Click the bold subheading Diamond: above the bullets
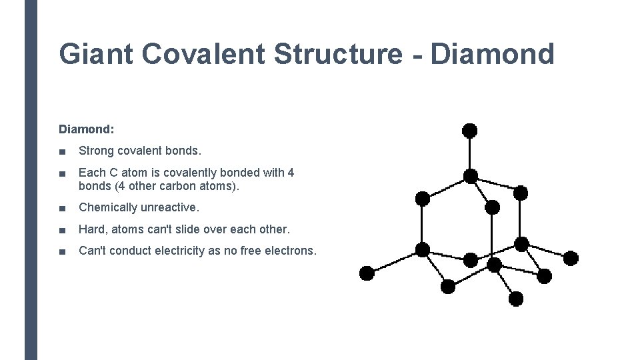coord(87,129)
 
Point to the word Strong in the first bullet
coord(96,151)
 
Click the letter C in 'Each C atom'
coord(110,173)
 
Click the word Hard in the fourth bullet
coord(91,229)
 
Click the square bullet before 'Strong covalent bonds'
coord(62,151)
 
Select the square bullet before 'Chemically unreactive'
coord(62,208)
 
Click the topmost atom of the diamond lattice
coord(470,130)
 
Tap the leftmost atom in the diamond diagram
coord(367,273)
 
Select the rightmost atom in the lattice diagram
coord(571,258)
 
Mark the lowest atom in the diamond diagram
coord(516,299)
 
